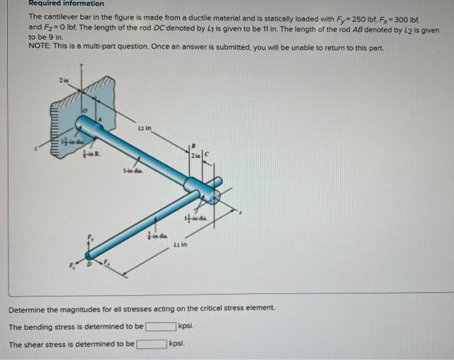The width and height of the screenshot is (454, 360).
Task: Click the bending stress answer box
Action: (160, 326)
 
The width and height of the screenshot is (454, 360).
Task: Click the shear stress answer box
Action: (150, 344)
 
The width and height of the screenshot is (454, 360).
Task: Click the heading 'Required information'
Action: (66, 3)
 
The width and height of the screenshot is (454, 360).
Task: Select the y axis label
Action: (82, 66)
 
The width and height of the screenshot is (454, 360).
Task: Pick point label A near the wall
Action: (99, 120)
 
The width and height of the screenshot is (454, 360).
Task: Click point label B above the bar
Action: (191, 145)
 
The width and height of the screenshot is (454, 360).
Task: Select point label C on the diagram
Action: (207, 154)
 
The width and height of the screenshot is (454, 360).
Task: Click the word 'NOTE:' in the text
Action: (40, 49)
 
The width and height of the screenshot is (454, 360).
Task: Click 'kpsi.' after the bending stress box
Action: (186, 326)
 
